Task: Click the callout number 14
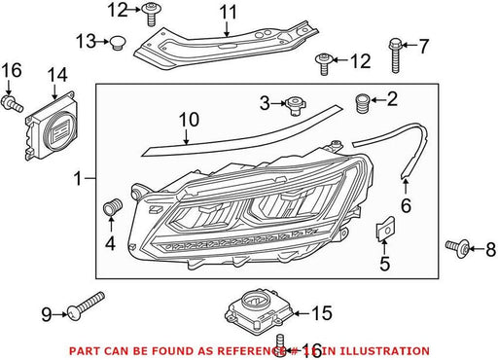57,75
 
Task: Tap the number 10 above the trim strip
189,120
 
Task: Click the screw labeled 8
457,248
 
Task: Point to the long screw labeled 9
86,306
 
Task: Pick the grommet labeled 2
363,103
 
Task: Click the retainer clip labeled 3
295,105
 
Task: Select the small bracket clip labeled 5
385,229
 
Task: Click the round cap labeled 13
117,44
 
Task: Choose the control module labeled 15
259,310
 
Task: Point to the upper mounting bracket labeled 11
227,46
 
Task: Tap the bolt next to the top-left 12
151,14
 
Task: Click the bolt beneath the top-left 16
13,104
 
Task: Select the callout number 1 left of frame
78,179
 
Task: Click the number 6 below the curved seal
406,205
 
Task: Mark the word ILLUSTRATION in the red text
379,351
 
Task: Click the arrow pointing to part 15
302,313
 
